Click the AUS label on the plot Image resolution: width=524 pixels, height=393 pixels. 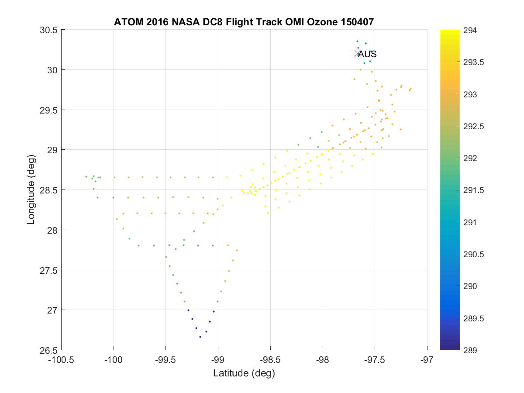367,54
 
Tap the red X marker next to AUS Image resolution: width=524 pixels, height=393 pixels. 357,54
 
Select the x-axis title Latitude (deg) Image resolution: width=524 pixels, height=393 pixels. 244,373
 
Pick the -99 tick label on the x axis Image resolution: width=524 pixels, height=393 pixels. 218,360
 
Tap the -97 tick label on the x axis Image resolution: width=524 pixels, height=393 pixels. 427,360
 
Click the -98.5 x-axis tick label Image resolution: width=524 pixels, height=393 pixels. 270,360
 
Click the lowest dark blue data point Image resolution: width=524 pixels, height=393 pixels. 200,337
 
